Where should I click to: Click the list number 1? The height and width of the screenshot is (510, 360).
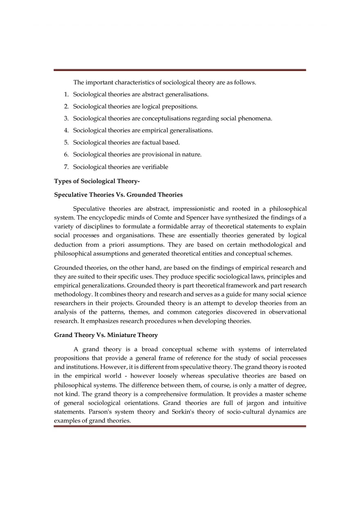66,94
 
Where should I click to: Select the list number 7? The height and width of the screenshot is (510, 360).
66,167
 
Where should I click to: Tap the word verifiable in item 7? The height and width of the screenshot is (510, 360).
155,167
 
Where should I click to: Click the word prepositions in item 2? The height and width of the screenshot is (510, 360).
180,107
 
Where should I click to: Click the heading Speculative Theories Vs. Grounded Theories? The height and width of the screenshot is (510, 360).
118,195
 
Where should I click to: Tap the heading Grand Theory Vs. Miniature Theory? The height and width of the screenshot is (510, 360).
106,335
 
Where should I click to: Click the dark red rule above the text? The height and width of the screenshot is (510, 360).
180,70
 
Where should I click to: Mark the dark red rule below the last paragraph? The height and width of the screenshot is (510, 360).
180,427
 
